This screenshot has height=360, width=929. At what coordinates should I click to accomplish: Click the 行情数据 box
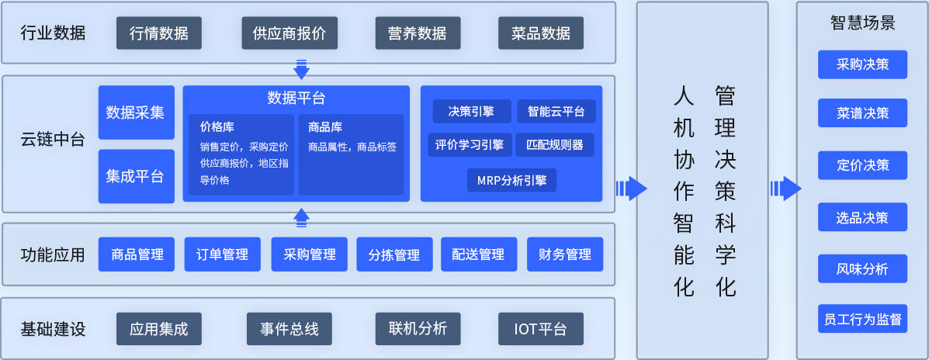pyautogui.click(x=159, y=33)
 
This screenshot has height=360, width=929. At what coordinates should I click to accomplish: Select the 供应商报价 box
pyautogui.click(x=289, y=33)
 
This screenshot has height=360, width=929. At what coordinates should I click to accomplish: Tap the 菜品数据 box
pyautogui.click(x=541, y=33)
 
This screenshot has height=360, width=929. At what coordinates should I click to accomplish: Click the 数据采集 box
pyautogui.click(x=137, y=112)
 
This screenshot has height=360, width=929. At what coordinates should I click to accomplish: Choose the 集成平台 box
pyautogui.click(x=137, y=176)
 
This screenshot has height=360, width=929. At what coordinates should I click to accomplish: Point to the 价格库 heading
pyautogui.click(x=214, y=127)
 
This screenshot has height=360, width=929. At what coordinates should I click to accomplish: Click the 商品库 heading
pyautogui.click(x=325, y=127)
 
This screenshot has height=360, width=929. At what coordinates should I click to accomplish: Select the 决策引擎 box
pyautogui.click(x=472, y=111)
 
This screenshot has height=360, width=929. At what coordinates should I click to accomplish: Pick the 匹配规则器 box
pyautogui.click(x=555, y=145)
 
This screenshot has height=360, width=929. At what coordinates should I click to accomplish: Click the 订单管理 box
pyautogui.click(x=222, y=254)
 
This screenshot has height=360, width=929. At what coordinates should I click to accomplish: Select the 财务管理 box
pyautogui.click(x=565, y=254)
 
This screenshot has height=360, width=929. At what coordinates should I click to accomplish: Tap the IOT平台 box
pyautogui.click(x=541, y=329)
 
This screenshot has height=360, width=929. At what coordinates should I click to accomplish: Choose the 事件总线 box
pyautogui.click(x=289, y=329)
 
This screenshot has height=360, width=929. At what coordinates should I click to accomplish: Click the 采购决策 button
pyautogui.click(x=863, y=64)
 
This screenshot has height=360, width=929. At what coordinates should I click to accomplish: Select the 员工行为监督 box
pyautogui.click(x=863, y=319)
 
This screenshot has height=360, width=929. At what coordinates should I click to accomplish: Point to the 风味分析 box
pyautogui.click(x=863, y=268)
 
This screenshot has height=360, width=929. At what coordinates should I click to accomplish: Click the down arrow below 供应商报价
pyautogui.click(x=302, y=69)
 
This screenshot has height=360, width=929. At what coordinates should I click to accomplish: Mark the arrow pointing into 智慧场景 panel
pyautogui.click(x=785, y=189)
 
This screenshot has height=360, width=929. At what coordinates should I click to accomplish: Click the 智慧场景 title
pyautogui.click(x=863, y=23)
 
